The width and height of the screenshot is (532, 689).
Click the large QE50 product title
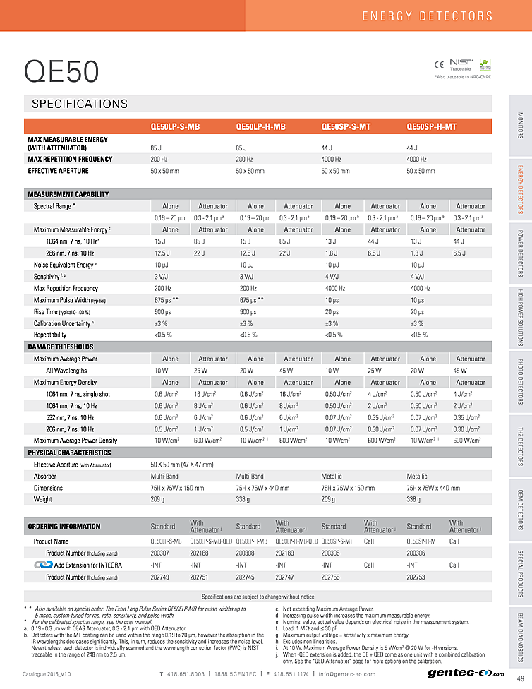pos(61,71)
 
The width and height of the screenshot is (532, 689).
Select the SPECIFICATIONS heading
pos(80,104)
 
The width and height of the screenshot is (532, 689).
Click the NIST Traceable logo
pos(460,65)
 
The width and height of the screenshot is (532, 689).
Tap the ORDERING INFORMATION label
pos(64,526)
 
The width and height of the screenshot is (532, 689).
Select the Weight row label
pos(43,499)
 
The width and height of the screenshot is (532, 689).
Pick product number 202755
pos(332,577)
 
